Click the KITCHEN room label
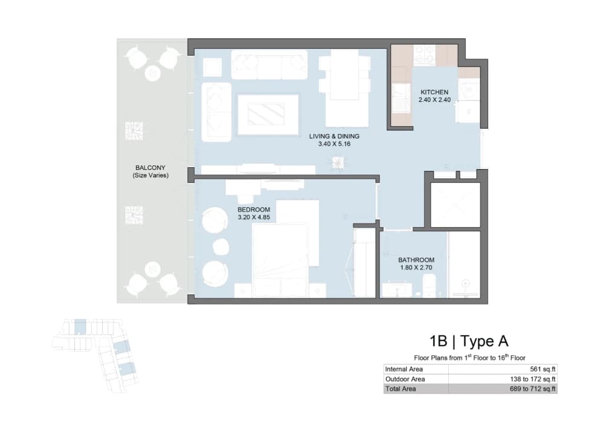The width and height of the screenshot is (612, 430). pyautogui.click(x=434, y=92)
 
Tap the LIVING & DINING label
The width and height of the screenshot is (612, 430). pyautogui.click(x=334, y=136)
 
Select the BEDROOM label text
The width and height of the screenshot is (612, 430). pyautogui.click(x=254, y=210)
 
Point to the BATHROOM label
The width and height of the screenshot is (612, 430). pyautogui.click(x=416, y=260)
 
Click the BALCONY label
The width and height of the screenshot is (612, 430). pyautogui.click(x=150, y=168)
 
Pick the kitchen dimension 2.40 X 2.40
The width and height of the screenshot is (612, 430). pyautogui.click(x=434, y=100)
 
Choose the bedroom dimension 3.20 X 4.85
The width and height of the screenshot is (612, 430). pyautogui.click(x=254, y=217)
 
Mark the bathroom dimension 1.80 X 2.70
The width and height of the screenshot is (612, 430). pyautogui.click(x=416, y=268)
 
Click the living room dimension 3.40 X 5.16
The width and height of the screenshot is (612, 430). pyautogui.click(x=334, y=144)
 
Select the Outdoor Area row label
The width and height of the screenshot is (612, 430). pyautogui.click(x=405, y=379)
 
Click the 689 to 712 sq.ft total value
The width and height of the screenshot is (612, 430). pyautogui.click(x=532, y=389)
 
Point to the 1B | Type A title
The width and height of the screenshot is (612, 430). pyautogui.click(x=469, y=341)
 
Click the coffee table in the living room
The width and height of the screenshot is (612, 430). pyautogui.click(x=268, y=114)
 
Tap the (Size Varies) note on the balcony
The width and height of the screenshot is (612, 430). pyautogui.click(x=150, y=176)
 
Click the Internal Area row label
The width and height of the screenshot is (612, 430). pyautogui.click(x=404, y=369)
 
